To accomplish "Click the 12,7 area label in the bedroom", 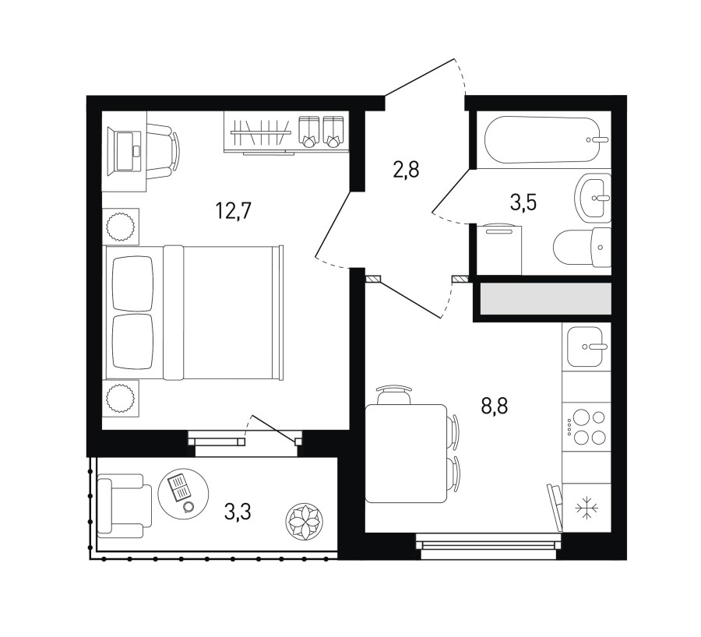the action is tap(234, 210).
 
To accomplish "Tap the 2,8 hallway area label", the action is tap(406, 170).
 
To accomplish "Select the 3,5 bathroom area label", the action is tap(523, 202).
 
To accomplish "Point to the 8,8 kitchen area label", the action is tap(495, 406).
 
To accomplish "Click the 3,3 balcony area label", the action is tap(238, 512).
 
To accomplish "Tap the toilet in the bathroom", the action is tap(582, 247).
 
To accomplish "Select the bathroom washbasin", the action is tap(593, 198).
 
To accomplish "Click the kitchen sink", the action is tap(585, 347).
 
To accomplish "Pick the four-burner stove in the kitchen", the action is tap(586, 427).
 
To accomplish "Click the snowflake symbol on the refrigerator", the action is tap(587, 509).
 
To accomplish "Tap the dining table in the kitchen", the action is tap(406, 453).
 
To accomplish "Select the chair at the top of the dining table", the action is tap(393, 394).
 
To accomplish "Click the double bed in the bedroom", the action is tap(193, 312).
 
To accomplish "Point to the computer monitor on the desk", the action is tap(129, 151).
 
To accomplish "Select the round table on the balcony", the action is tap(183, 494).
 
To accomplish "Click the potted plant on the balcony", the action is tap(304, 521).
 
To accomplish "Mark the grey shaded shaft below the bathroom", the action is tap(545, 298).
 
